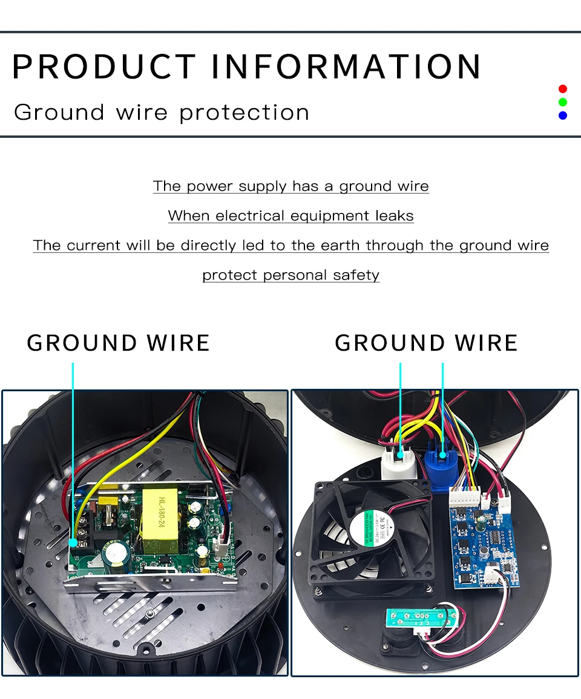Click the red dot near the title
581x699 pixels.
[x=563, y=89]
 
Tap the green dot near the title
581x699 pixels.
[x=563, y=102]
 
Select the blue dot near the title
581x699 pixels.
[x=563, y=115]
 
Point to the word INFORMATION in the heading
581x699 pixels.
[x=346, y=67]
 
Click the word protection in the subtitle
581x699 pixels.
[x=245, y=112]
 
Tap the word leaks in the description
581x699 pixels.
[x=394, y=216]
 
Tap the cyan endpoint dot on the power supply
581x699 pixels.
[x=73, y=543]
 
